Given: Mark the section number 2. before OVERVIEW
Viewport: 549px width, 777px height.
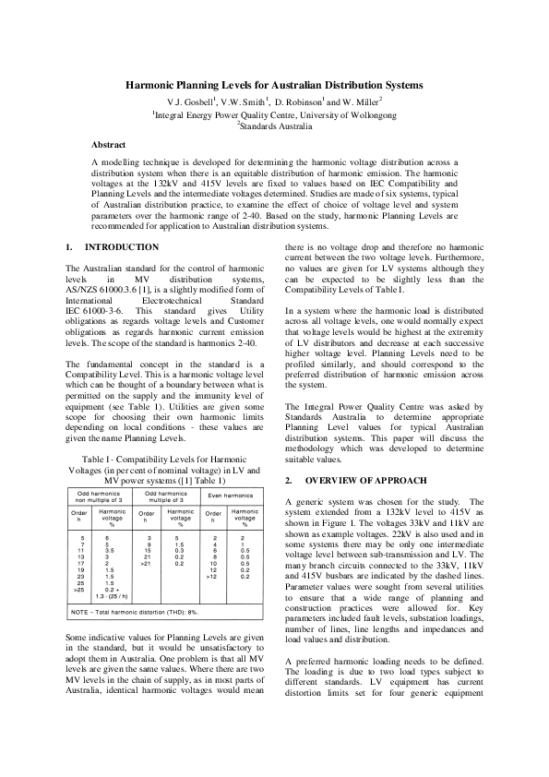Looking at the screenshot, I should click(288, 481).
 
